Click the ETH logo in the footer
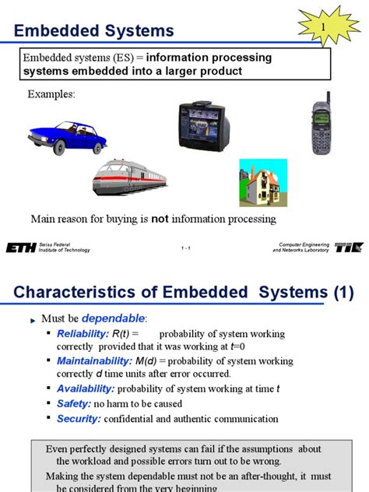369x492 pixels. point(20,248)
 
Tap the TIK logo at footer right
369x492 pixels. point(347,248)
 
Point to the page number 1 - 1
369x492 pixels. point(185,248)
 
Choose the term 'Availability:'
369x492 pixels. point(86,388)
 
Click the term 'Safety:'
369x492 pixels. point(74,403)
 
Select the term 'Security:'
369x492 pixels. point(79,418)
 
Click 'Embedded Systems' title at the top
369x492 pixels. point(94,31)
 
